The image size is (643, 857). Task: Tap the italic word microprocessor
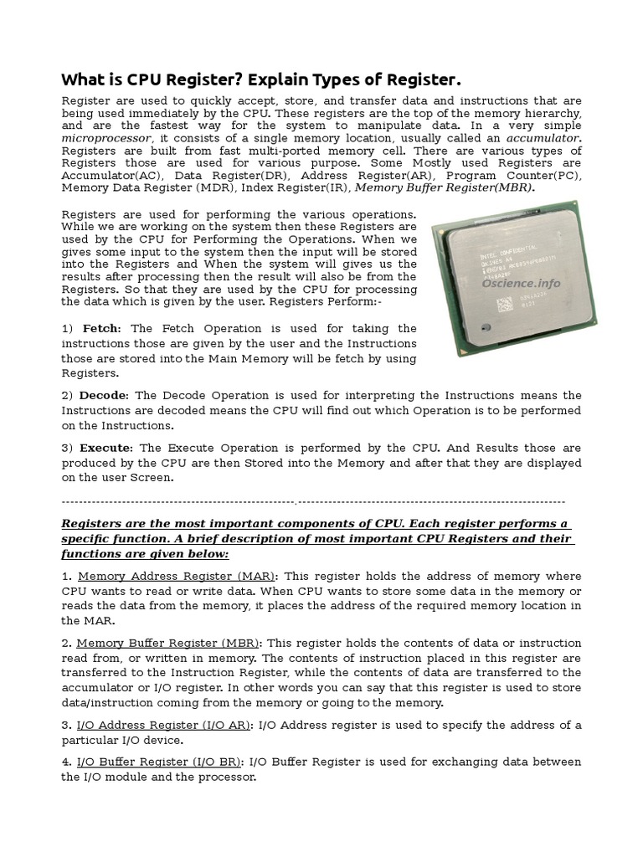tap(107, 137)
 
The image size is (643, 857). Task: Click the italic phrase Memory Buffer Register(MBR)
tap(445, 188)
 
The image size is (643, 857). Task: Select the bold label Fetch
tap(100, 328)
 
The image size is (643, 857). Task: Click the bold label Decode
tap(104, 395)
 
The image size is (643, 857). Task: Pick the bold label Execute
tap(106, 448)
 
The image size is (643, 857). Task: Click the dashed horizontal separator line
tap(314, 500)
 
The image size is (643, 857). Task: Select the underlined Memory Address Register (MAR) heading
tap(177, 576)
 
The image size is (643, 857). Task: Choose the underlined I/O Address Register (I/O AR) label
tap(163, 725)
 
